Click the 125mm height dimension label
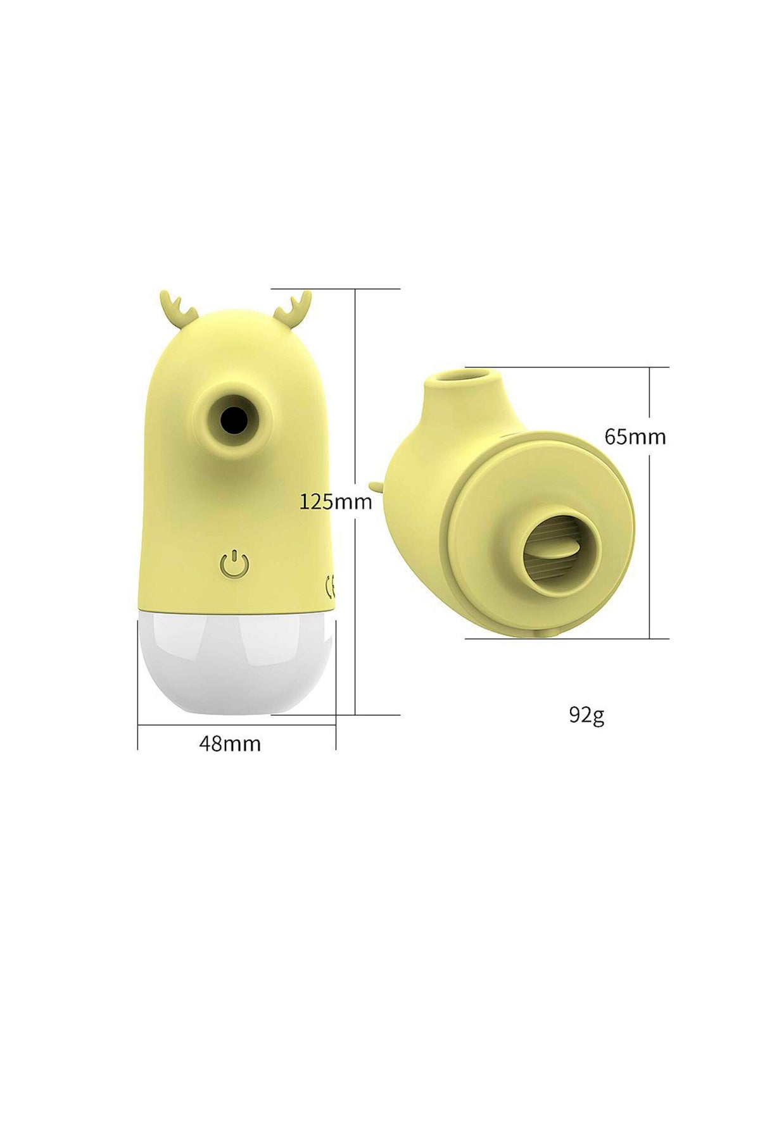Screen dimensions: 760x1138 [335, 502]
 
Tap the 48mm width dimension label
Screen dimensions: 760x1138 [230, 743]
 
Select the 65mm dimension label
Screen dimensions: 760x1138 [635, 437]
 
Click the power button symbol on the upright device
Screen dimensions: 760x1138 [234, 563]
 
